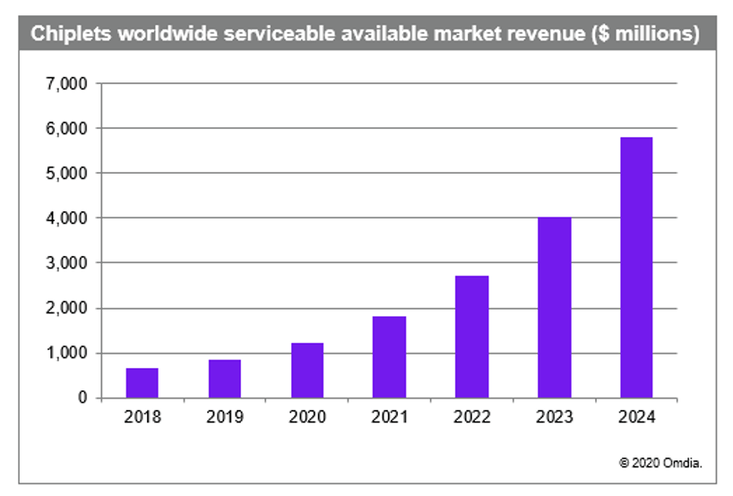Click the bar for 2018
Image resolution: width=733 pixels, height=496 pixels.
coord(142,383)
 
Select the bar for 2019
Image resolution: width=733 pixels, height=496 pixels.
coord(224,379)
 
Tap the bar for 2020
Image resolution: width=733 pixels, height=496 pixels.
coord(306,371)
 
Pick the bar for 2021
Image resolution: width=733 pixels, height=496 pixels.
coord(389,357)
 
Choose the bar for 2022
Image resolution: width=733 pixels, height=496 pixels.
coord(471,337)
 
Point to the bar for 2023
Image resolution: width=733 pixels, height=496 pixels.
coord(554,307)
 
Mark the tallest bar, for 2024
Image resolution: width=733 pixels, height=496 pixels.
coord(636,268)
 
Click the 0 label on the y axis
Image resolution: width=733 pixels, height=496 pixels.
coord(82,398)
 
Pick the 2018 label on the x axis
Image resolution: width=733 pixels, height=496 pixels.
coord(142,417)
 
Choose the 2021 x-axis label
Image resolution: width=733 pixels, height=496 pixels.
coord(389,417)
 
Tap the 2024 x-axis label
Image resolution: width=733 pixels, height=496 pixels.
coord(636,417)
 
